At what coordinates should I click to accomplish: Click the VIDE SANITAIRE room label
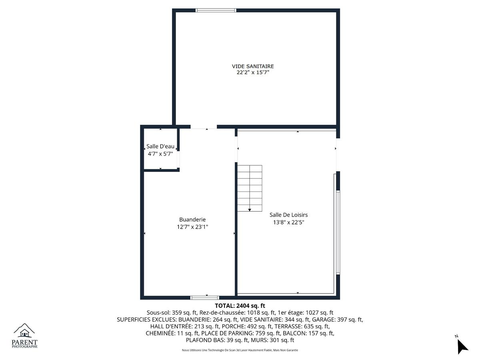(x=252, y=66)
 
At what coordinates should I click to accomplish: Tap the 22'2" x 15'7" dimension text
(x=252, y=72)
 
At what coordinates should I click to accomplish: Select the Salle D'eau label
(x=160, y=146)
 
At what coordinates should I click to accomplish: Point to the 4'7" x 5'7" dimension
(x=160, y=154)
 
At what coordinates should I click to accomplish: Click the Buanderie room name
(x=192, y=220)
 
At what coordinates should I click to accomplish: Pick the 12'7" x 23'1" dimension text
(x=192, y=227)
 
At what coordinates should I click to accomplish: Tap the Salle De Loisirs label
(x=288, y=215)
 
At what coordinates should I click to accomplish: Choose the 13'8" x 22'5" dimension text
(x=288, y=222)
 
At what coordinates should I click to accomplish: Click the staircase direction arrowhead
(x=250, y=210)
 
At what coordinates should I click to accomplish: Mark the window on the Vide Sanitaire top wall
(x=216, y=10)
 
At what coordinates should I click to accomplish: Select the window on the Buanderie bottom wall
(x=204, y=298)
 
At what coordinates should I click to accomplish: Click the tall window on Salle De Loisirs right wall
(x=338, y=232)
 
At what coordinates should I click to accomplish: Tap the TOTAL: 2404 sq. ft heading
(x=240, y=306)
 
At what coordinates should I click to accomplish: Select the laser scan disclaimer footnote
(x=240, y=350)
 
